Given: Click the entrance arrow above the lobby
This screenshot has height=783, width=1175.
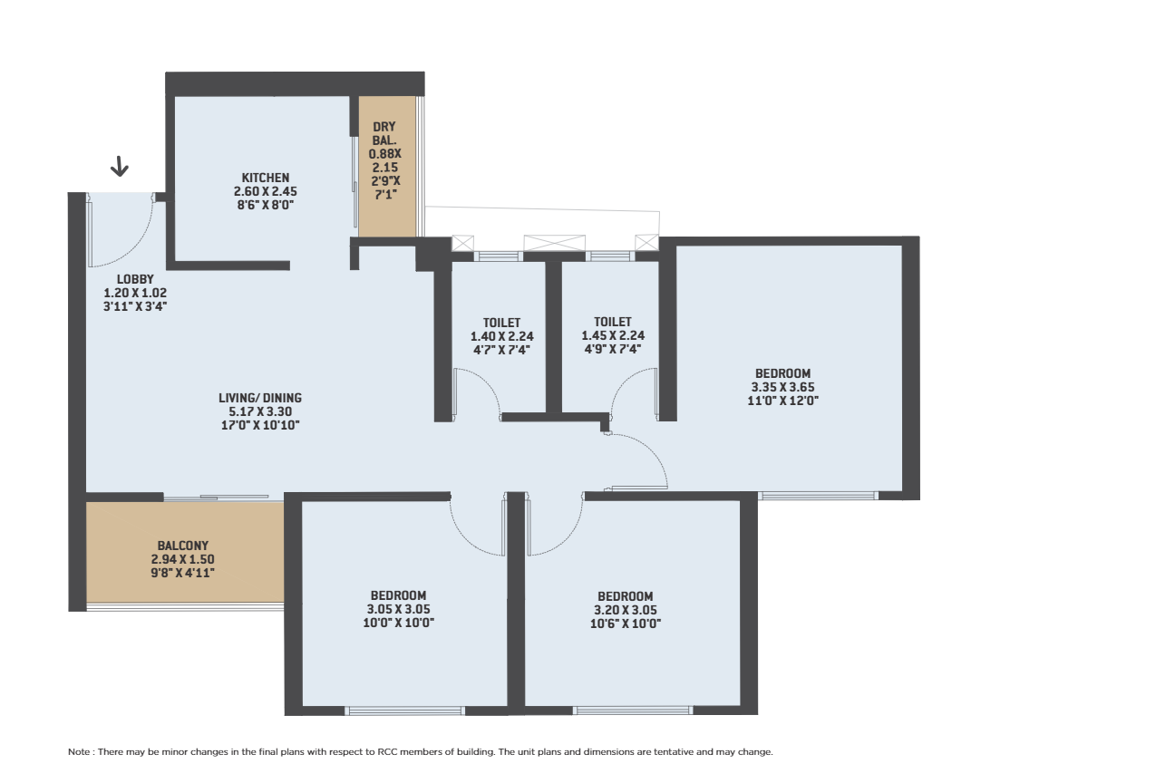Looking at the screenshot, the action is coord(120,166).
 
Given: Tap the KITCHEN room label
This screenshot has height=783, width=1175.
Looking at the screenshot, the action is coord(266,178).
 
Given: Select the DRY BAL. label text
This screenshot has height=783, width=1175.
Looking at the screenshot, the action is coord(384,134).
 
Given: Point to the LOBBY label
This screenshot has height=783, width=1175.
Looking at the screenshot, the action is coord(135,279).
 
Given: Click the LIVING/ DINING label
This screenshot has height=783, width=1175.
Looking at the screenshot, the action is coord(260,398).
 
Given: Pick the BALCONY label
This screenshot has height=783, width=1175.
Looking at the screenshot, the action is coord(183,546).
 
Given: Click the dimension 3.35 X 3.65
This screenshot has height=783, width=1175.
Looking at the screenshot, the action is coord(783,388).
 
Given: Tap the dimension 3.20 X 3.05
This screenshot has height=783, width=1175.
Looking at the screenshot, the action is coord(626,610).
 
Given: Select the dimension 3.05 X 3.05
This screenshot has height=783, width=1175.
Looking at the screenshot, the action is coord(399,609).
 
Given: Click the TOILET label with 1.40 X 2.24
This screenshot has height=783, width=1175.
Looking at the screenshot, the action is coord(502,323).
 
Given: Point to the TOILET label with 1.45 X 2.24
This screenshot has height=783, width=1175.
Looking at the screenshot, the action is coord(613,322).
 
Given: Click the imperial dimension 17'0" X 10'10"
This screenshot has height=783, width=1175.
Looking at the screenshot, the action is coord(260,425).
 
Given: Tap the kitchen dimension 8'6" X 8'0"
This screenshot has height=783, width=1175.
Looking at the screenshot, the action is coord(266,205).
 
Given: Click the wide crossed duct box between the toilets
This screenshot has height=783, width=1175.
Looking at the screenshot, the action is coord(555,244).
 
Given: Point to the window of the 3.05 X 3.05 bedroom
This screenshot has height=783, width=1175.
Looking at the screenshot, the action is coord(404,711).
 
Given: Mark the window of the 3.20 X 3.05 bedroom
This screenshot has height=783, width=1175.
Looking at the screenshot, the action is coord(633,711).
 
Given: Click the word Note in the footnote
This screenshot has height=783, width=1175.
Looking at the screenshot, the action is coord(79,752).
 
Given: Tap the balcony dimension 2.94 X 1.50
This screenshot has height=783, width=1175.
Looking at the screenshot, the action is coord(183,559).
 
